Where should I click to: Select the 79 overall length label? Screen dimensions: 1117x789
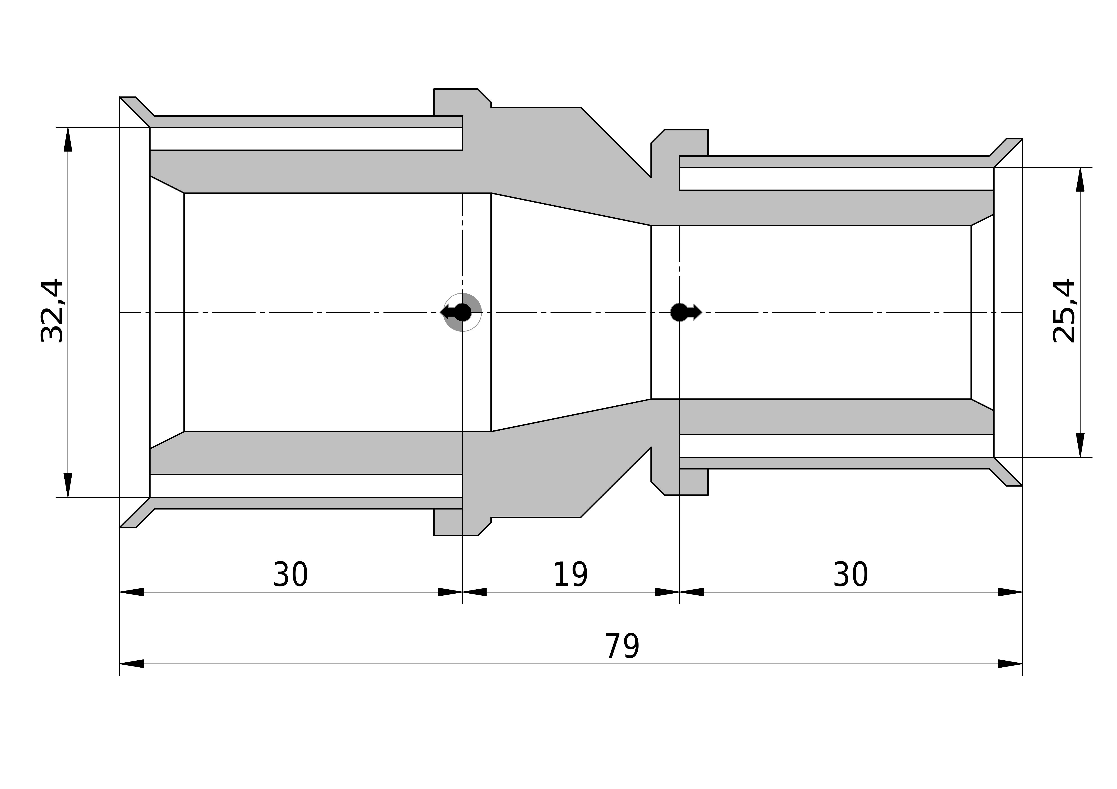pyautogui.click(x=622, y=647)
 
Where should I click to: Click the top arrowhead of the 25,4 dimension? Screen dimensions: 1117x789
pyautogui.click(x=1080, y=179)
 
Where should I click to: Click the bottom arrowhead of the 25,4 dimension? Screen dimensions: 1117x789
pyautogui.click(x=1080, y=445)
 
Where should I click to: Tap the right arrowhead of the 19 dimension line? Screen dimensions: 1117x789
pyautogui.click(x=668, y=592)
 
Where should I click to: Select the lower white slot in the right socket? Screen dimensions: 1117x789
pyautogui.click(x=836, y=446)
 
